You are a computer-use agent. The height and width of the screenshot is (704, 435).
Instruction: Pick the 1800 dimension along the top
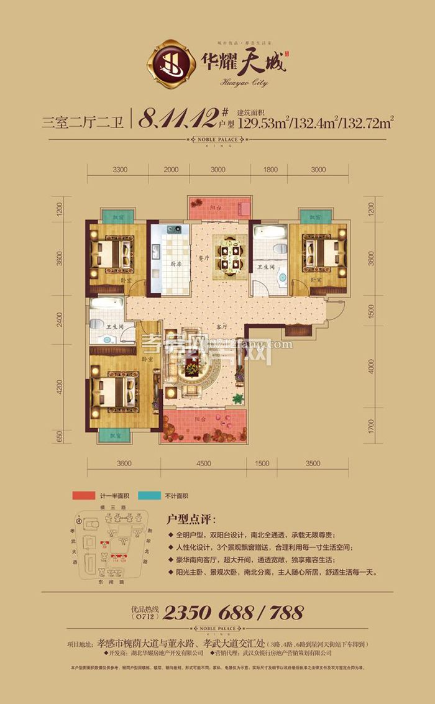(x=271, y=170)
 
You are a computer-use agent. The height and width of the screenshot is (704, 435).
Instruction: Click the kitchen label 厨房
(x=176, y=263)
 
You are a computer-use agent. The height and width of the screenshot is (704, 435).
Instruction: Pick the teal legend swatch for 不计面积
(x=150, y=496)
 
